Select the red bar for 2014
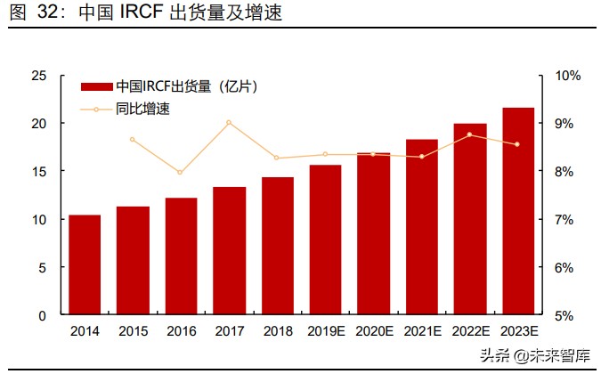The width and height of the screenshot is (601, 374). (85, 264)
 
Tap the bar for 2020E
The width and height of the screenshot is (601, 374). (373, 233)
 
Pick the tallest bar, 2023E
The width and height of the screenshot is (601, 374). (518, 211)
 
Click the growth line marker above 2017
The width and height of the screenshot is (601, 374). (229, 122)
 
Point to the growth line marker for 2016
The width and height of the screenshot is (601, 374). (181, 172)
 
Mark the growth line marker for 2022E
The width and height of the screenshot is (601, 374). (469, 134)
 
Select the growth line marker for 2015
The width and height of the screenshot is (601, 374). (133, 140)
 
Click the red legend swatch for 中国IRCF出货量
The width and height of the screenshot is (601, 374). (97, 87)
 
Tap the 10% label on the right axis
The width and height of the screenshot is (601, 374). (567, 76)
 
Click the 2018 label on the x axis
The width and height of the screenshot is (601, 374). (277, 331)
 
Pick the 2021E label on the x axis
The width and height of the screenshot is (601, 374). (421, 331)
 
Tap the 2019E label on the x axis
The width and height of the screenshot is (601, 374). (325, 331)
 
